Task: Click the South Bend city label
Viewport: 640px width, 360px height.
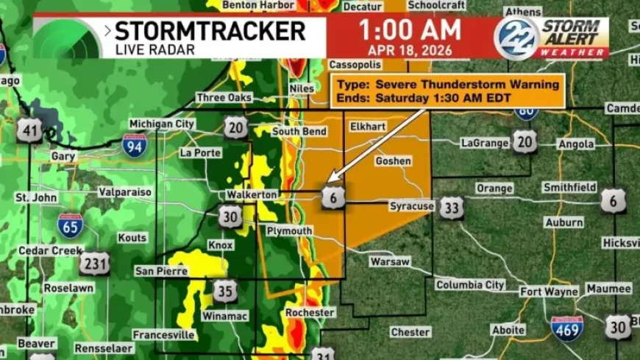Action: [x=299, y=132]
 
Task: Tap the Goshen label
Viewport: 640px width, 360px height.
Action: [x=393, y=160]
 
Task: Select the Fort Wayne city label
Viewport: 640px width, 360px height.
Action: [x=550, y=292]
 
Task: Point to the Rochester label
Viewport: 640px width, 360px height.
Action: [x=310, y=313]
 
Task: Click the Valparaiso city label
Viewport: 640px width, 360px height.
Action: [x=125, y=192]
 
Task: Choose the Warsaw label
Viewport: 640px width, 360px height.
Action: [x=389, y=261]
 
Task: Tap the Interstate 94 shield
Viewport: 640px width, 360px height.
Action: [x=135, y=144]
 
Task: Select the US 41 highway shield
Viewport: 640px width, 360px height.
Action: [x=29, y=131]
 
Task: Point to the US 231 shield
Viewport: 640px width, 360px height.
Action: [x=95, y=264]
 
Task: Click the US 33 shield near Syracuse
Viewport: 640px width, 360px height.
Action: [x=452, y=208]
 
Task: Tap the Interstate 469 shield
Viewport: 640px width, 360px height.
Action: [x=567, y=328]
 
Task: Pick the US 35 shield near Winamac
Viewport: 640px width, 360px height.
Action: [x=225, y=291]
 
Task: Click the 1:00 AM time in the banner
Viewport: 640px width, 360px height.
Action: [x=410, y=30]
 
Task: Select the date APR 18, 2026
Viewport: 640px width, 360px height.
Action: [x=410, y=50]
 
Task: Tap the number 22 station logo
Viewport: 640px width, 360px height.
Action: [x=516, y=38]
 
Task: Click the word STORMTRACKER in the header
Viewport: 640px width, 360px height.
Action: [x=210, y=32]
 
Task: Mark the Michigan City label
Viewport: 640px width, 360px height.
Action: [x=162, y=124]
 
